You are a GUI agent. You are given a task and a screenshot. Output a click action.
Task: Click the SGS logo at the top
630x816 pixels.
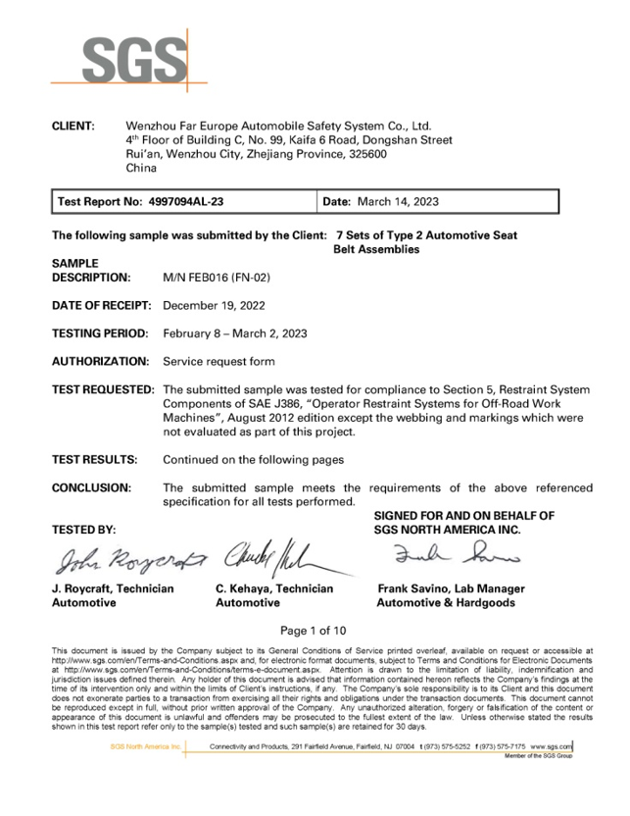133,61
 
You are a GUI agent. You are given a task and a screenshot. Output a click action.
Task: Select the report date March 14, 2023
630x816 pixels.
396,202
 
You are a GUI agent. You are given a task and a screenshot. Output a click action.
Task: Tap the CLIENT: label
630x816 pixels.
73,127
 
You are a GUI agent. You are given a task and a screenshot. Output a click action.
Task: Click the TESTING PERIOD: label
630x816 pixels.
100,333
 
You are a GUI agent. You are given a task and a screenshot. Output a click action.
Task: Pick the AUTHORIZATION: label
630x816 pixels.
100,362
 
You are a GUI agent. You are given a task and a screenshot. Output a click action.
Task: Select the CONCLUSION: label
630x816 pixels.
91,487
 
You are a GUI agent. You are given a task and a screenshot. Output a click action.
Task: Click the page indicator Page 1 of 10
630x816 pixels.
314,631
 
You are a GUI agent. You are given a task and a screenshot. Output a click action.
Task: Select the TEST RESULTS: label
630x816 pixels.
94,459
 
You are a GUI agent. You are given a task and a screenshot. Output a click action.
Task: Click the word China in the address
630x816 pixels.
142,168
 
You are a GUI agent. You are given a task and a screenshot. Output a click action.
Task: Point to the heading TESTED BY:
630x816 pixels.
83,530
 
